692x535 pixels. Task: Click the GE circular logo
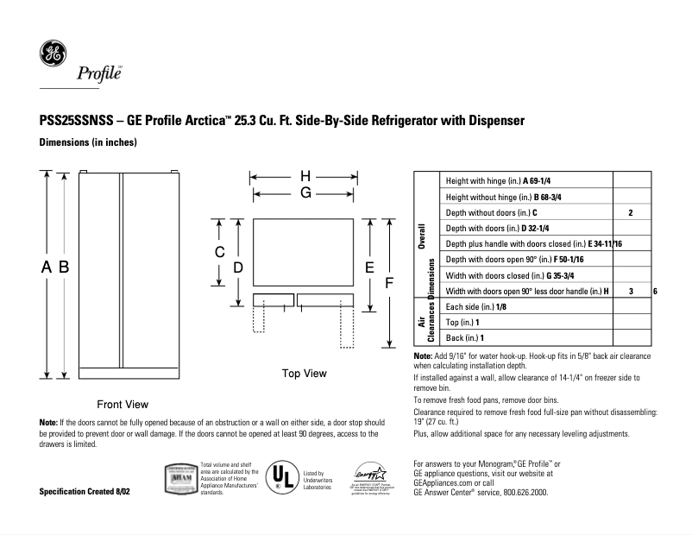click(53, 55)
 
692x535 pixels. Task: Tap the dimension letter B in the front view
click(63, 268)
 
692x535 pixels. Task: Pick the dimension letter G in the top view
click(305, 194)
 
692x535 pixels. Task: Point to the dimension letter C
click(220, 252)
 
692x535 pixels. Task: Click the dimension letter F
click(389, 283)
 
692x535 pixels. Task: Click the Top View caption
click(304, 374)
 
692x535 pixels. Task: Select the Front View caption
click(123, 404)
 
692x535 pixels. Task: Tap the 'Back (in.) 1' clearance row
click(464, 337)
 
